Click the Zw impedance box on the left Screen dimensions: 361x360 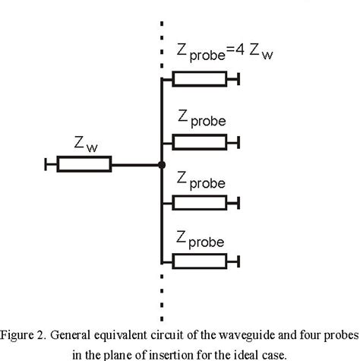[84, 164]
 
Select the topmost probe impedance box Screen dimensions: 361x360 [199, 79]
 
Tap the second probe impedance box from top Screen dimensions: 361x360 [199, 141]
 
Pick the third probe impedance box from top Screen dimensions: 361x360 [199, 201]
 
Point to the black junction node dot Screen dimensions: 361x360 [162, 164]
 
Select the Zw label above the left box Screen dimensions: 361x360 [85, 142]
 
